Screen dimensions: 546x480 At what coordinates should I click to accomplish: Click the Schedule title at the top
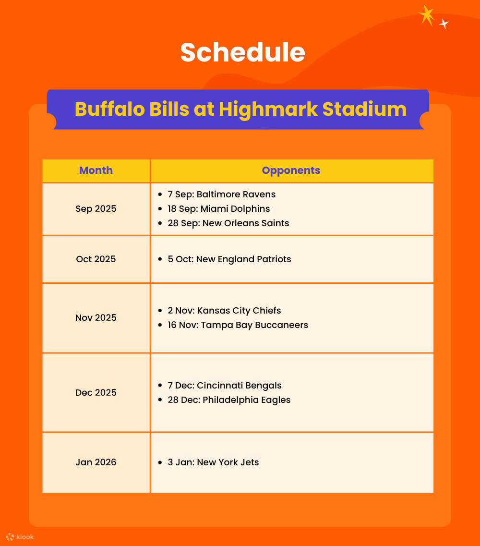click(242, 52)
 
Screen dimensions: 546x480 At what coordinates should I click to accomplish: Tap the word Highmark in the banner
click(267, 109)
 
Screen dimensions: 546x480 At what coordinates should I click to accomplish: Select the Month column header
click(96, 170)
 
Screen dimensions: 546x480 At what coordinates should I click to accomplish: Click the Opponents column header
click(291, 170)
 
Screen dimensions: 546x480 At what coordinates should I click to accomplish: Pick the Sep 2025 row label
click(96, 209)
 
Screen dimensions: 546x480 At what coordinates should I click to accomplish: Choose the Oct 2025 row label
click(96, 259)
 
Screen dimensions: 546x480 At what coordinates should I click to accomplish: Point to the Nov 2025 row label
click(96, 318)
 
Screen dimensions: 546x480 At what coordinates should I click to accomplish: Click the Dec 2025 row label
click(96, 393)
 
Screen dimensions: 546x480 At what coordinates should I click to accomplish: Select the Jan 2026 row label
click(96, 462)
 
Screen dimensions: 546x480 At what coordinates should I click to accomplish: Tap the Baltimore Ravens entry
click(221, 194)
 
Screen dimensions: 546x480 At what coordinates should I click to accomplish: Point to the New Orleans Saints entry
click(228, 223)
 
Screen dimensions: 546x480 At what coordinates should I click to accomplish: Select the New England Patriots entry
click(229, 259)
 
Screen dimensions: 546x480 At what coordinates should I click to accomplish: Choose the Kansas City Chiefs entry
click(224, 311)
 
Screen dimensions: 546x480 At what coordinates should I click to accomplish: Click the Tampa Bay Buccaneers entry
click(238, 325)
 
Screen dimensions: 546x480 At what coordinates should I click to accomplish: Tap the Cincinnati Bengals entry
click(224, 386)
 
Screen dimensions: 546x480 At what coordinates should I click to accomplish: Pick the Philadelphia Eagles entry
click(229, 400)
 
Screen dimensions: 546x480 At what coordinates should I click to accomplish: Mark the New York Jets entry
click(213, 462)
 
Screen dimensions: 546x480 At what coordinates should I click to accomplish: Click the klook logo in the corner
click(20, 537)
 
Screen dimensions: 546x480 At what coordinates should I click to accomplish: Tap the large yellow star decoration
click(426, 15)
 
